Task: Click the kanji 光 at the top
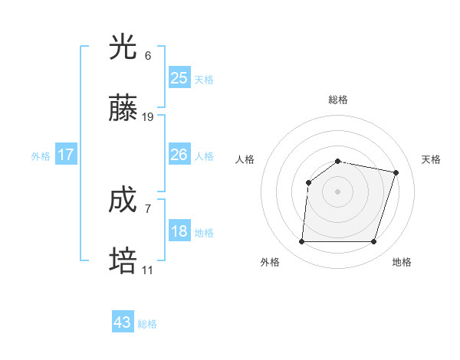[123, 47]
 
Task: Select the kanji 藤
[123, 110]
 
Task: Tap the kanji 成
[123, 201]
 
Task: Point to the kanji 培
[123, 262]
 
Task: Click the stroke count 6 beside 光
[148, 56]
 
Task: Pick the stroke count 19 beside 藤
[148, 117]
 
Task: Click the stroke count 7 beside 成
[148, 208]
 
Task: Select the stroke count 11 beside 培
[148, 270]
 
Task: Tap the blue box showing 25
[179, 77]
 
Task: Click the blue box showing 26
[179, 155]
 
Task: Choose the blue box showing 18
[179, 231]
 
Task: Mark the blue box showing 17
[66, 155]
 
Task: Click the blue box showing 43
[123, 322]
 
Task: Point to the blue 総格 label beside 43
[147, 324]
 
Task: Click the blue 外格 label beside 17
[41, 156]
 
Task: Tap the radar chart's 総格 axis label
[338, 100]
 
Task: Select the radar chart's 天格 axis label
[432, 159]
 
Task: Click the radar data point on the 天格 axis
[396, 173]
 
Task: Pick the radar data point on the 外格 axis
[302, 242]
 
